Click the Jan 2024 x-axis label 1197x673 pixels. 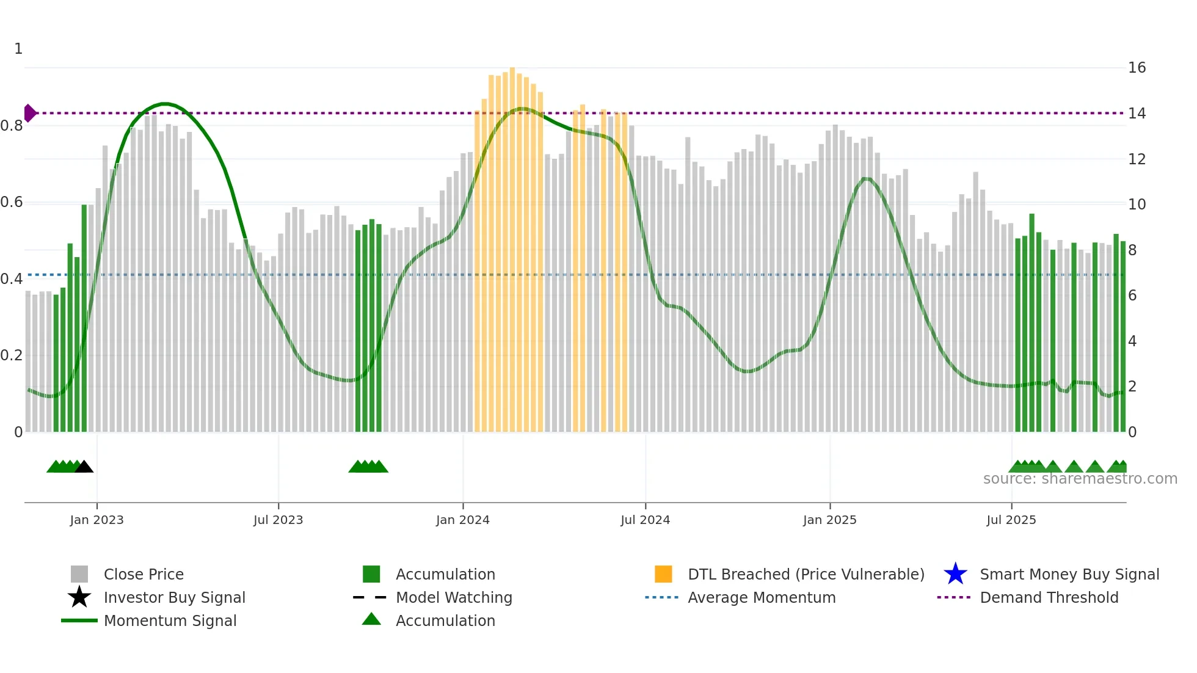(462, 520)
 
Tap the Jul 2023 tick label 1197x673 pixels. (278, 520)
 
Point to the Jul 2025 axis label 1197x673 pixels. (1011, 520)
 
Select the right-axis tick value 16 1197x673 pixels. (1137, 68)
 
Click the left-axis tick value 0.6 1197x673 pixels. (12, 202)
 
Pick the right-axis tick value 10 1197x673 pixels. (1137, 205)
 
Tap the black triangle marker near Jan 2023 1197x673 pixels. (84, 467)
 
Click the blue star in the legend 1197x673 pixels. (955, 574)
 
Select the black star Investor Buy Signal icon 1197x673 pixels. (79, 597)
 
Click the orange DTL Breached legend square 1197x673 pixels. (663, 574)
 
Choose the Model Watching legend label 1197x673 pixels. (454, 597)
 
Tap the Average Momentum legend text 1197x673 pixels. (762, 597)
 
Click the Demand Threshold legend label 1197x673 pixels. (1049, 597)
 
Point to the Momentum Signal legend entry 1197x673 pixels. (170, 620)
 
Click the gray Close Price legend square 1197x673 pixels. (79, 574)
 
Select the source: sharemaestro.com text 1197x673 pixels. (1080, 479)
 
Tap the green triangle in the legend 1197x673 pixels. (371, 619)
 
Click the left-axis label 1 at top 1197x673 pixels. (18, 49)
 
